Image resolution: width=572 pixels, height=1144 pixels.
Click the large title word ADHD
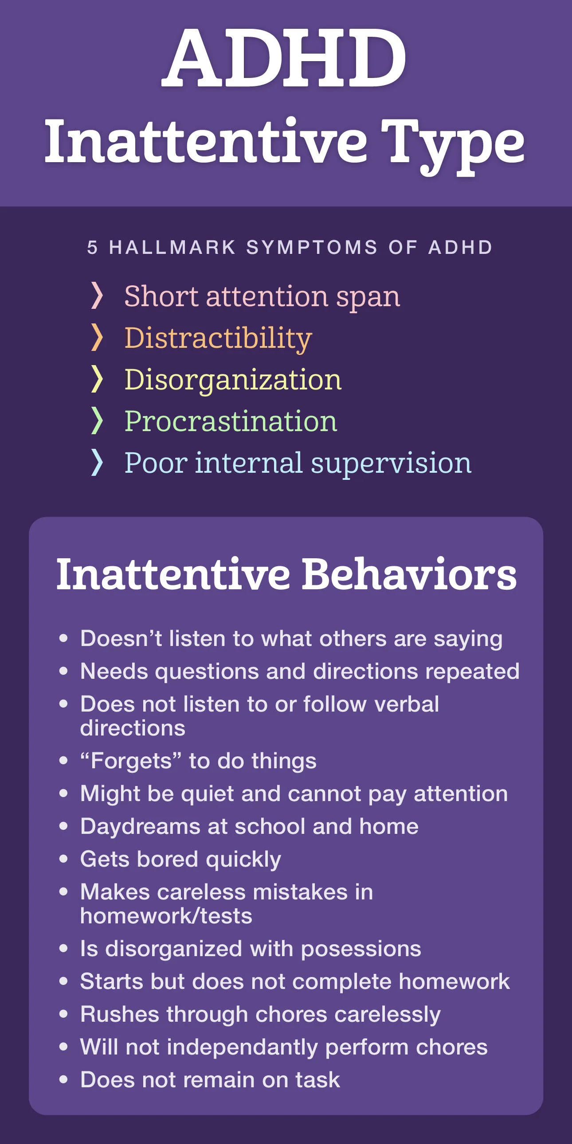[284, 58]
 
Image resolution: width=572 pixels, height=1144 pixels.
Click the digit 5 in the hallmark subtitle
[92, 247]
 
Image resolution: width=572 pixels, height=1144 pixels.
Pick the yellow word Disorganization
[232, 380]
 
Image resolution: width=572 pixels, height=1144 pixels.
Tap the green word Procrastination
[230, 421]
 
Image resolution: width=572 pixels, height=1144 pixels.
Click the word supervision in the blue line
[391, 463]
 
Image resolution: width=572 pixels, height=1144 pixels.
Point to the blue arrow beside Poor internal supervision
[97, 462]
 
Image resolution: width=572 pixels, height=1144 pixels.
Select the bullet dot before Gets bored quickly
[63, 859]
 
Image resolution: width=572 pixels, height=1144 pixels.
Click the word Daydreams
[140, 826]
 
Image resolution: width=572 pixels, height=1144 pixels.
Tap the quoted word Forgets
[131, 761]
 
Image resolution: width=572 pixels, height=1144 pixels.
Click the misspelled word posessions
[360, 949]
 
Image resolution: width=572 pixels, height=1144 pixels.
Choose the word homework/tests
[166, 916]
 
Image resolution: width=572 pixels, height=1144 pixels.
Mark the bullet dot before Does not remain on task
[63, 1080]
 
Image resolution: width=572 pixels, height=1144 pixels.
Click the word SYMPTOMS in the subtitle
[312, 247]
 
